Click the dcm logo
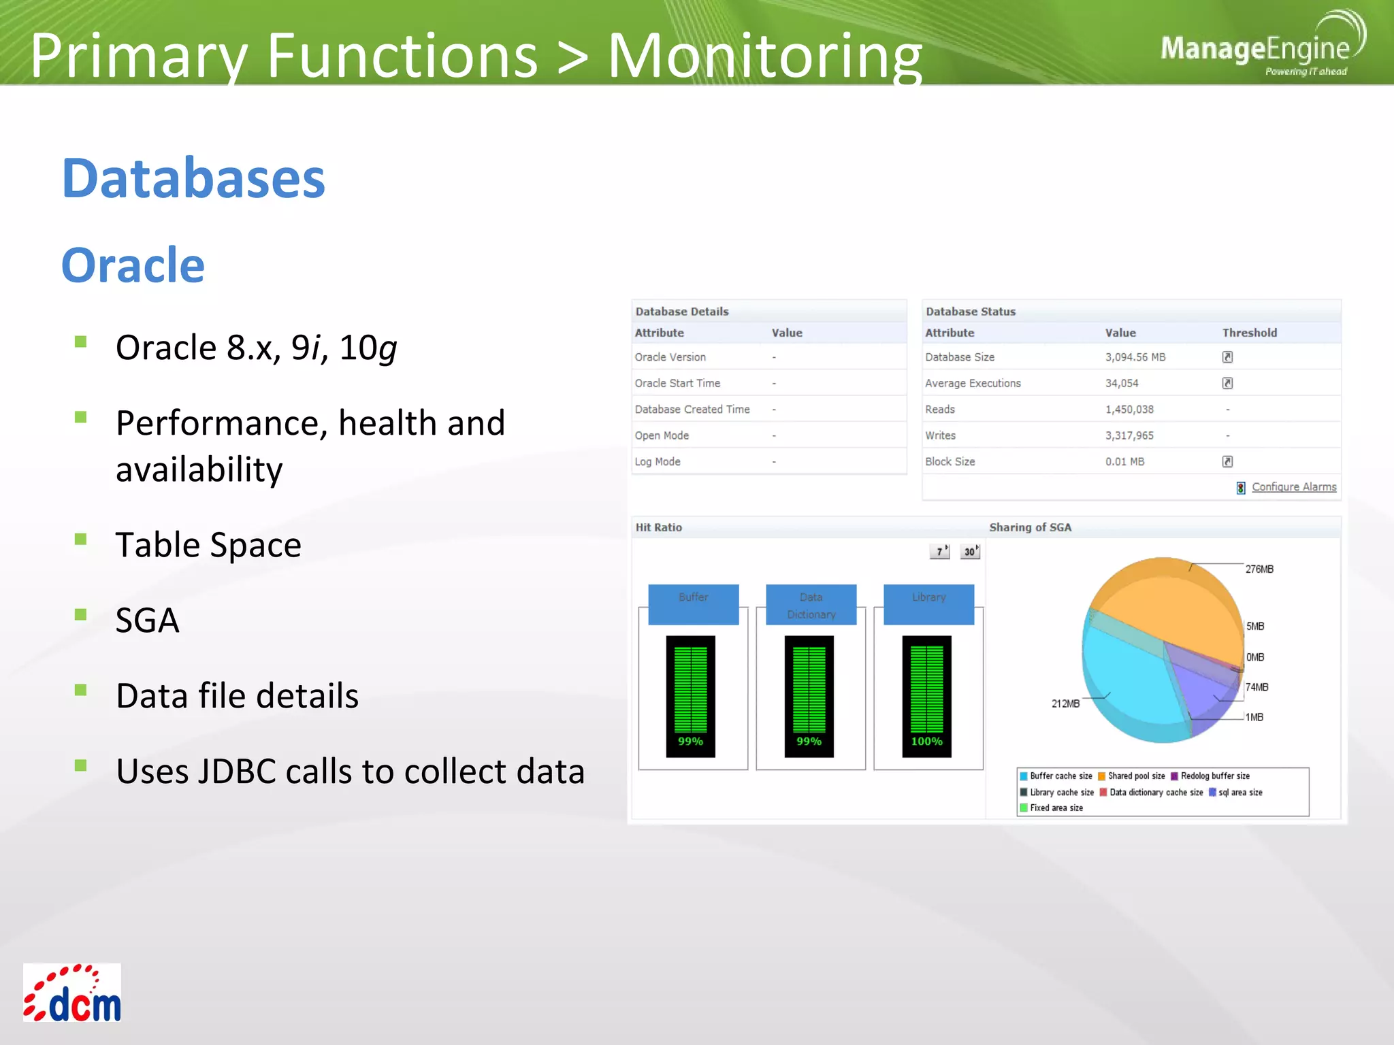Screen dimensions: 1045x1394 coord(72,993)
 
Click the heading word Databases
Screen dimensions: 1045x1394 coord(193,178)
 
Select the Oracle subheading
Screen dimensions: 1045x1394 coord(133,265)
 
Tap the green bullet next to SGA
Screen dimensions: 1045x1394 coord(81,614)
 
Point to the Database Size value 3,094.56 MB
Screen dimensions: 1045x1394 coord(1135,357)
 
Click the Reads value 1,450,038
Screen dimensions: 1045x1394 coord(1129,410)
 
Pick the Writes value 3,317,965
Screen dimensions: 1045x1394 coord(1129,435)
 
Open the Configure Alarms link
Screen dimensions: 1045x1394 coord(1293,487)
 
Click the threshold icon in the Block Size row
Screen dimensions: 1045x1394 coord(1227,462)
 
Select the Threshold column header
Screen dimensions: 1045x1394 coord(1249,333)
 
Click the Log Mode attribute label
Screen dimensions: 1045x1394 coord(657,462)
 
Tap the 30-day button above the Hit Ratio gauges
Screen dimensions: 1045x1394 coord(970,552)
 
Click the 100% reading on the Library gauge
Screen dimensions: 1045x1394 coord(926,742)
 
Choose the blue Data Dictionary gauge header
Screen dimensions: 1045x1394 coord(811,605)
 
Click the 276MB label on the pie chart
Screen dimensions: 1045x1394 coord(1259,569)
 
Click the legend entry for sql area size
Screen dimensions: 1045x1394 coord(1239,793)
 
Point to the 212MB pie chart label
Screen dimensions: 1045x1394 coord(1065,703)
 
